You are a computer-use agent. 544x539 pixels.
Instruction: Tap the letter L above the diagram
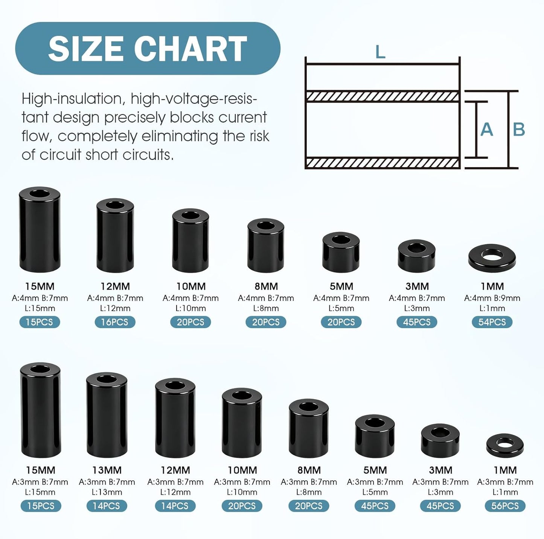point(380,52)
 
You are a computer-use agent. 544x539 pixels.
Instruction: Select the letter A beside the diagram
point(487,129)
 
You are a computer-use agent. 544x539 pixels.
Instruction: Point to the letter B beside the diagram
point(519,129)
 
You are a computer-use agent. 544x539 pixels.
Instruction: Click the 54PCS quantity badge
point(492,322)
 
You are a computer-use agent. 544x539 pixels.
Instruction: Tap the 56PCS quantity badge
point(505,506)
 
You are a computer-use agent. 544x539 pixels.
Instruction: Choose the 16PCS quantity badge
point(115,322)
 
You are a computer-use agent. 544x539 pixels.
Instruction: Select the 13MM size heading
point(107,470)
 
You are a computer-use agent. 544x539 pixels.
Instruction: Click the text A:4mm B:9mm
point(492,298)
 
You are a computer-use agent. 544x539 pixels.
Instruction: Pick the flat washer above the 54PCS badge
point(492,257)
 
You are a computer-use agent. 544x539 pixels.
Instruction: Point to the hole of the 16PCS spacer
point(115,205)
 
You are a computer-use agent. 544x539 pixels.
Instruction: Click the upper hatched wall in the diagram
point(382,96)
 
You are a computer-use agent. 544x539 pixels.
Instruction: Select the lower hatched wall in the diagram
point(382,163)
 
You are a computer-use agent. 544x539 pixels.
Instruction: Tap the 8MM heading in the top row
point(266,286)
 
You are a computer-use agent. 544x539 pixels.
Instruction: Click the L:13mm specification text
point(107,492)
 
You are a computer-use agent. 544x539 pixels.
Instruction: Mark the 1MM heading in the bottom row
point(505,470)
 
